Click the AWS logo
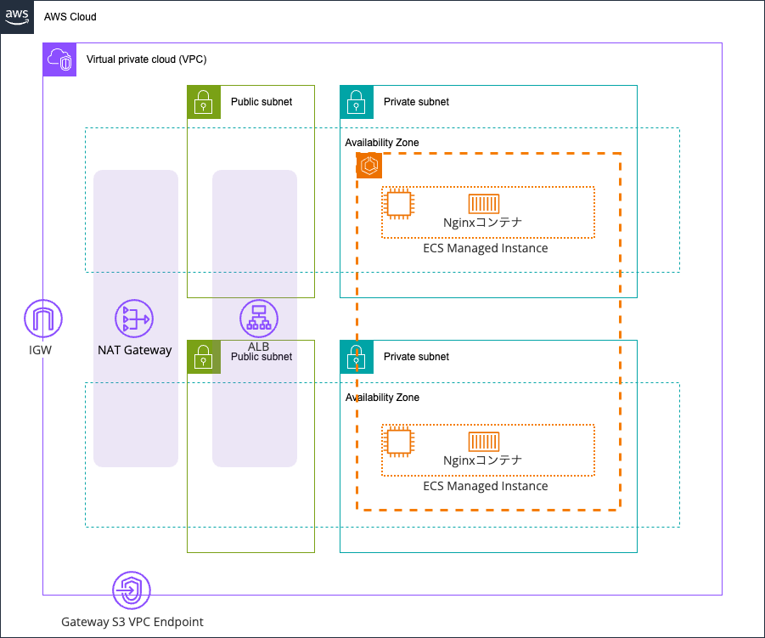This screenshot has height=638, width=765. tap(17, 17)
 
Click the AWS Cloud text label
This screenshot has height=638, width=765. tap(70, 17)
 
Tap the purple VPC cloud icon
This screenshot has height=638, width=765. tap(59, 59)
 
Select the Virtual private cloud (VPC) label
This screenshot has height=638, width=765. tap(146, 59)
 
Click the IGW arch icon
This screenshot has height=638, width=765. tap(42, 319)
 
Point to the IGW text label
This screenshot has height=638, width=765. tap(41, 349)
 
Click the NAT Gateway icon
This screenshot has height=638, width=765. tap(133, 319)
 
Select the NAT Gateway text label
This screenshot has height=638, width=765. tap(134, 350)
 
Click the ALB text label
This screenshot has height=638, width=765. tap(258, 347)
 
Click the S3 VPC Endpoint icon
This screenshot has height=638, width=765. tap(132, 589)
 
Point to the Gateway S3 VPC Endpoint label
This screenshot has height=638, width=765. tap(132, 622)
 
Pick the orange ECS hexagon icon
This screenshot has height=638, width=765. tap(369, 166)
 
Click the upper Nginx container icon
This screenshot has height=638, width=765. tap(483, 204)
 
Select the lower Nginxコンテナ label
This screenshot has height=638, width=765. tap(482, 460)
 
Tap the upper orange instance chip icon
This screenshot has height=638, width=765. tap(399, 204)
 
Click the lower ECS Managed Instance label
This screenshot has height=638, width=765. tap(485, 487)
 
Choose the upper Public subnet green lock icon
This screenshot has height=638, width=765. tap(203, 102)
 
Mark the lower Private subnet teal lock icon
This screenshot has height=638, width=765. tap(356, 357)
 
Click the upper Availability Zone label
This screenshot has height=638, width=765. tap(381, 143)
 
